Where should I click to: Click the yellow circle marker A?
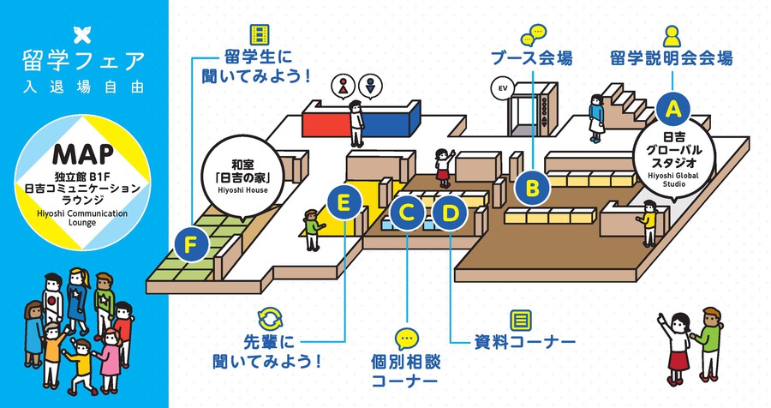[673, 108]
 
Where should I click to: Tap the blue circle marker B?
[531, 185]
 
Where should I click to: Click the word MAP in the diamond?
[83, 153]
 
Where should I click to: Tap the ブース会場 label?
[532, 59]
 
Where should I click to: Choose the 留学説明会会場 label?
[672, 59]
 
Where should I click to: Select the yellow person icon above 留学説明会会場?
[672, 34]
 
